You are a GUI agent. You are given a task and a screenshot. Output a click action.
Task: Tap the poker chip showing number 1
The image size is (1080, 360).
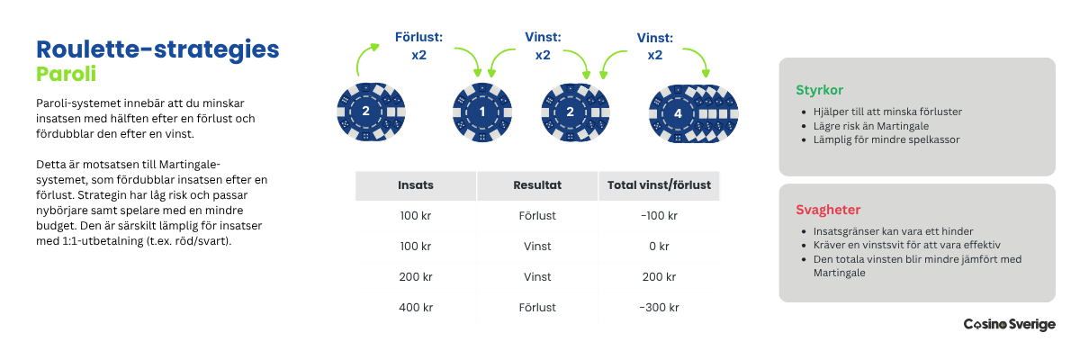tap(482, 112)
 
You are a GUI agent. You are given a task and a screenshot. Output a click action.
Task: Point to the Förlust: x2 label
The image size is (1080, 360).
tap(418, 46)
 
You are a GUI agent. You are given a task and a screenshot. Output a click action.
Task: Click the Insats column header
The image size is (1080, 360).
tap(416, 185)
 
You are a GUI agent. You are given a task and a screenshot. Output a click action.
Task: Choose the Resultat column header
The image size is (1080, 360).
tap(537, 185)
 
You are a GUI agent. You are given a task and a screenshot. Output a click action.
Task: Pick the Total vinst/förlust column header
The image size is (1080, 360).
tap(658, 185)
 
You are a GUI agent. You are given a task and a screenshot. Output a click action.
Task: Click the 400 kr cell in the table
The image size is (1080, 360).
tap(416, 307)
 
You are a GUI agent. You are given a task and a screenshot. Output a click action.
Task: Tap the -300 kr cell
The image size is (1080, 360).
tap(658, 307)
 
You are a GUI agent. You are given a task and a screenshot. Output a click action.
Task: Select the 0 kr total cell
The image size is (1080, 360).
tap(658, 246)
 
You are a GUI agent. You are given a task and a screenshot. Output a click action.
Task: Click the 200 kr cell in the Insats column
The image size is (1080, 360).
tap(416, 276)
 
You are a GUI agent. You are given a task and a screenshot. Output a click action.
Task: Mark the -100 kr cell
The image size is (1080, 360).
tap(658, 215)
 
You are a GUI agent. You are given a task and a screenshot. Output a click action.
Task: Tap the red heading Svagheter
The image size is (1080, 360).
tap(828, 210)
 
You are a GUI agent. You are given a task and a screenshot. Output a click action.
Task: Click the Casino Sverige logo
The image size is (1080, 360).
tap(1009, 324)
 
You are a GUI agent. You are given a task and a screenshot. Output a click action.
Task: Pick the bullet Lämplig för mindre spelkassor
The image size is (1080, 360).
tap(886, 139)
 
